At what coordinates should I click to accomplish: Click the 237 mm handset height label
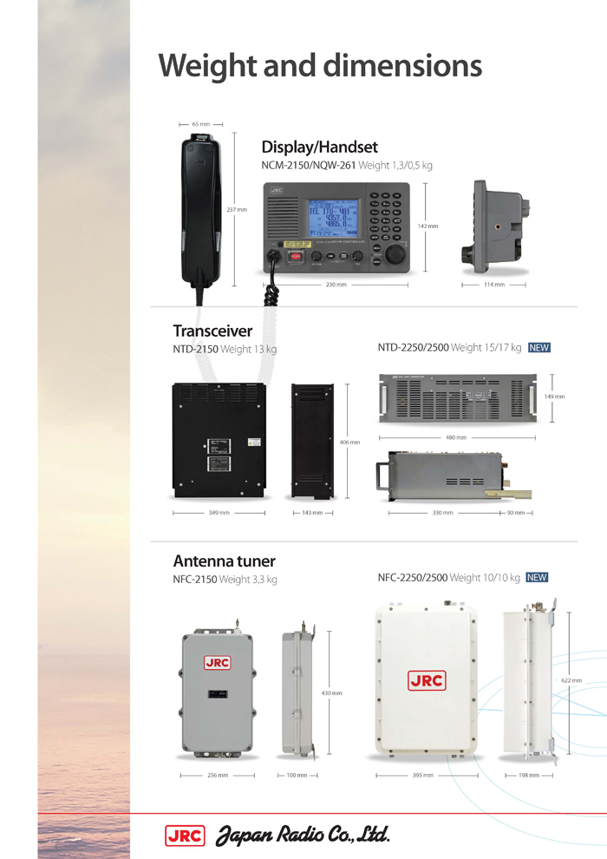(x=236, y=209)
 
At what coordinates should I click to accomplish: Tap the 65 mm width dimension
(x=200, y=124)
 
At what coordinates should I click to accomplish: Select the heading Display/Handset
(x=319, y=148)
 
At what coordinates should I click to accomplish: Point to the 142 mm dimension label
(x=428, y=226)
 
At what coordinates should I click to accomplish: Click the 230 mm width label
(x=336, y=284)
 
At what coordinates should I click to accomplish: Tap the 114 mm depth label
(x=493, y=284)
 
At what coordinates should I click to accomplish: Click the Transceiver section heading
(x=212, y=331)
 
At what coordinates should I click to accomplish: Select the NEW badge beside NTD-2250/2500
(x=538, y=348)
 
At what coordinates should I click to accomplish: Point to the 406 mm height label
(x=361, y=443)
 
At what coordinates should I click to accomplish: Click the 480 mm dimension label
(x=455, y=437)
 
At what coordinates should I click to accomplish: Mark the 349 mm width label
(x=219, y=513)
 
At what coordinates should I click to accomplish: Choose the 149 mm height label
(x=554, y=397)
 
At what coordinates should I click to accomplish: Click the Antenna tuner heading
(x=225, y=561)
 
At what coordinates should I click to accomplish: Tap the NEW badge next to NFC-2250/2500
(x=537, y=577)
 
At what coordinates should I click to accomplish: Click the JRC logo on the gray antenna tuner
(x=217, y=663)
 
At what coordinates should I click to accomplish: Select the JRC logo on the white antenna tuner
(x=426, y=680)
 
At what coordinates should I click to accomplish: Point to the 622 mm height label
(x=571, y=680)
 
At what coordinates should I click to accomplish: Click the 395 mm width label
(x=422, y=775)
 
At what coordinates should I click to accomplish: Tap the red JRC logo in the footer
(x=184, y=835)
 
